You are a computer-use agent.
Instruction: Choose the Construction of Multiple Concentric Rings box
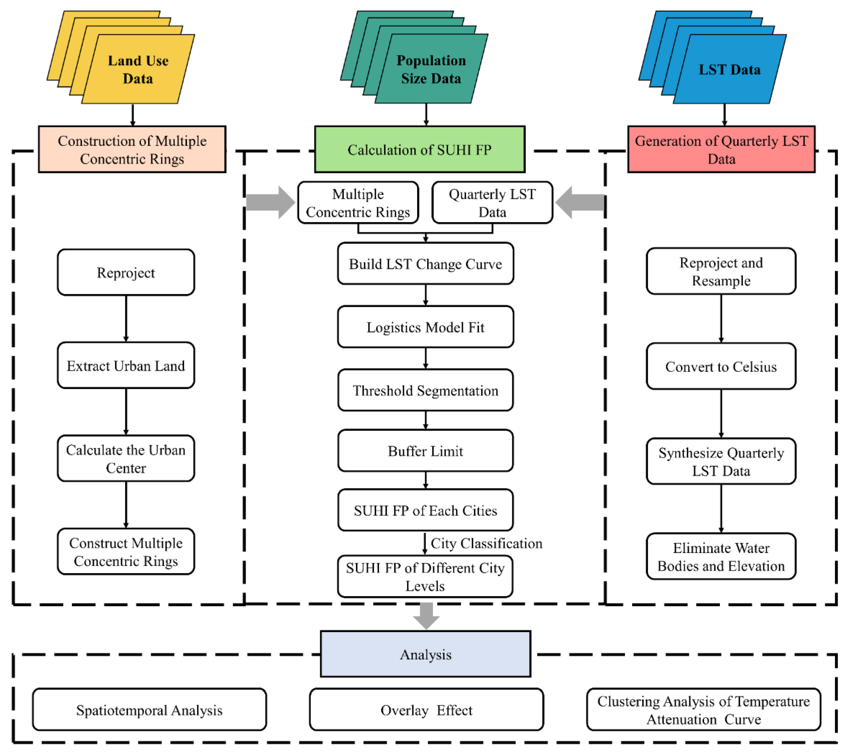point(132,149)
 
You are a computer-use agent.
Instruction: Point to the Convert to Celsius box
point(721,366)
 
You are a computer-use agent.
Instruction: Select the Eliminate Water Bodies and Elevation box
point(721,557)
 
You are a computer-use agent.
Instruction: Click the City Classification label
point(486,543)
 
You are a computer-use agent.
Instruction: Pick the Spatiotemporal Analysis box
point(149,710)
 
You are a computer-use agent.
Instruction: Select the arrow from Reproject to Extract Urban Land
point(126,318)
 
